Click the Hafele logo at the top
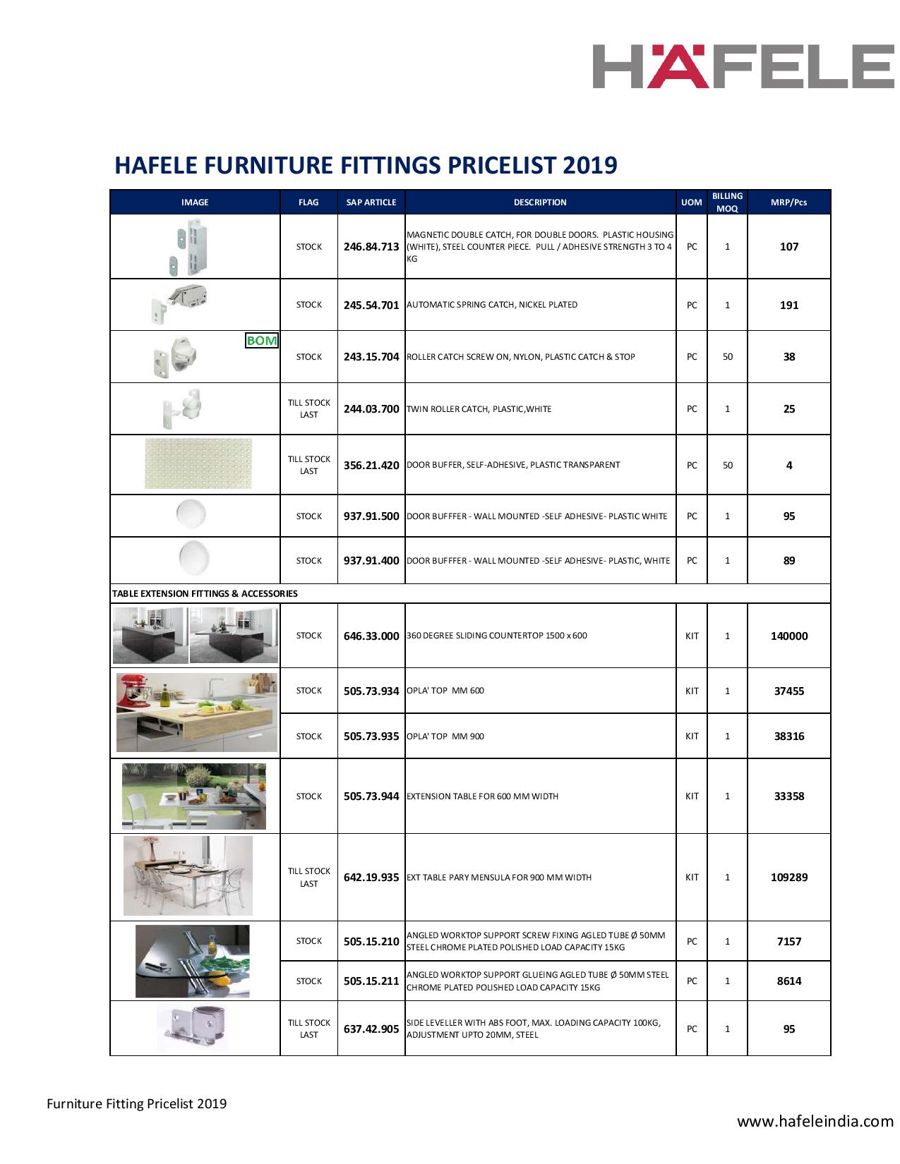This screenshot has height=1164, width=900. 743,66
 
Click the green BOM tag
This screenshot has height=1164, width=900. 262,341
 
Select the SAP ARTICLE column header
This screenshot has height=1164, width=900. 371,202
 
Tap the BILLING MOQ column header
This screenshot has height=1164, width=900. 727,202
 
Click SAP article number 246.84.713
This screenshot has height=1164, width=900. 371,247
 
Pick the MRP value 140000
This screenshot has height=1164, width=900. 789,636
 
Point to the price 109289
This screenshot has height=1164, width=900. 789,878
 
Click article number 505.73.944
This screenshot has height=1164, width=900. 371,796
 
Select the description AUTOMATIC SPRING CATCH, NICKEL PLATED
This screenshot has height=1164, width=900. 491,305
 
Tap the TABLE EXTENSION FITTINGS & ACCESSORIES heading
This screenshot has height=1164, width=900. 204,593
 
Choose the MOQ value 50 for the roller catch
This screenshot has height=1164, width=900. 727,357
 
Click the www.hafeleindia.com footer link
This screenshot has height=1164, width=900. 815,1121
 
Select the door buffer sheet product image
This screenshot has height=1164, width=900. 198,463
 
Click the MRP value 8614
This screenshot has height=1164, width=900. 789,981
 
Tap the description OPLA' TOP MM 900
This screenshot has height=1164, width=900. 445,736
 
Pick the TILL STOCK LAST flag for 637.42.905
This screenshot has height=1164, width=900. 308,1029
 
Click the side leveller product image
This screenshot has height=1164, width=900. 193,1027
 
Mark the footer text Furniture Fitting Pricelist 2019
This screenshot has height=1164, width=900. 137,1103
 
